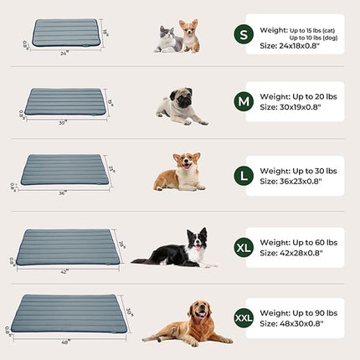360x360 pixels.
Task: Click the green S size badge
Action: (244, 34)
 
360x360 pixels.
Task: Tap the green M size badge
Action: (244, 103)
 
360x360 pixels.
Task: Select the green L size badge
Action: (244, 174)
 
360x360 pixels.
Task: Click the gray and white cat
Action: (170, 39)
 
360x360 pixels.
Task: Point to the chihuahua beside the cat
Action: (191, 38)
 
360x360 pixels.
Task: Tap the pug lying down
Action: (177, 107)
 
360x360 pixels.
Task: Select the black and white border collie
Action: (179, 249)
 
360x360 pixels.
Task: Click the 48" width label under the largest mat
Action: (64, 341)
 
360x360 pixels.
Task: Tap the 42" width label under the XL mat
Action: (64, 270)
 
